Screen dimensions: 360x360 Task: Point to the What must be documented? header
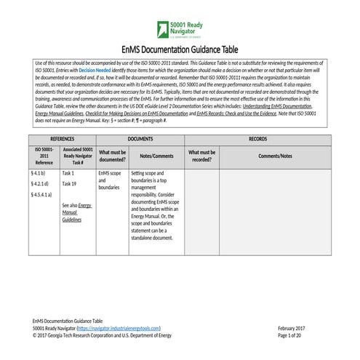pos(112,155)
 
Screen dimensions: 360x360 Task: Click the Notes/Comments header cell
pos(156,156)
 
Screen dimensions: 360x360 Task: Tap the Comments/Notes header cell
pos(276,156)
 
